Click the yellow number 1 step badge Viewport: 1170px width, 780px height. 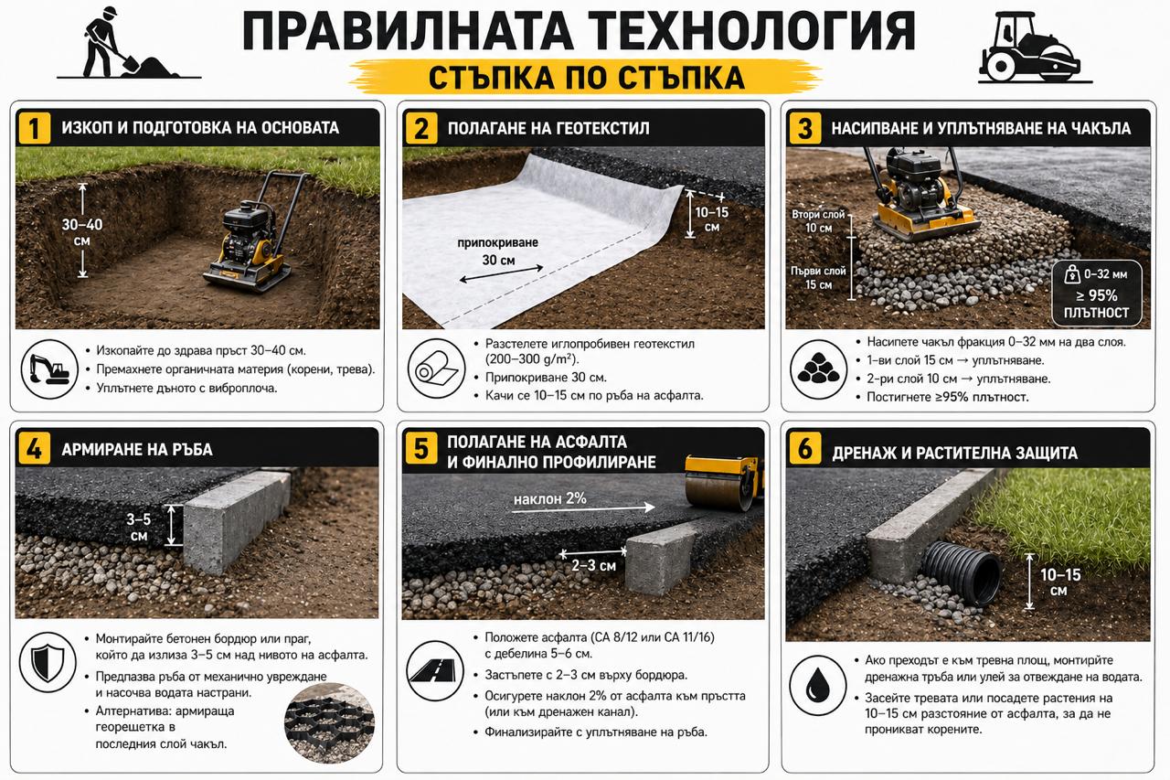coord(35,128)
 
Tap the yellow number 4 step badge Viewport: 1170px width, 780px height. coord(35,449)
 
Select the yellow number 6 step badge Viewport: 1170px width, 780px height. coord(804,449)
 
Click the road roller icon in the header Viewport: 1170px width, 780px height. coord(1028,50)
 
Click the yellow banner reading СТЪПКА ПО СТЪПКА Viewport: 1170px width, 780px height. coord(585,78)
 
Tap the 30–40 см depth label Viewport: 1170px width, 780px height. coord(82,230)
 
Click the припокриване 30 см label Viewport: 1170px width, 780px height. coord(498,251)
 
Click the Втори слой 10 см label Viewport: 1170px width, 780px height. coord(812,220)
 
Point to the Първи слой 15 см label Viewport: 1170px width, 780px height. coord(812,277)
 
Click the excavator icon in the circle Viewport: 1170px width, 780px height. coord(48,369)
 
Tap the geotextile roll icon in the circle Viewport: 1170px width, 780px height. coord(433,369)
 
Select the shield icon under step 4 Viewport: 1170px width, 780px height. coord(48,661)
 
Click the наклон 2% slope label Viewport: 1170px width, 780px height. coord(549,498)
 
